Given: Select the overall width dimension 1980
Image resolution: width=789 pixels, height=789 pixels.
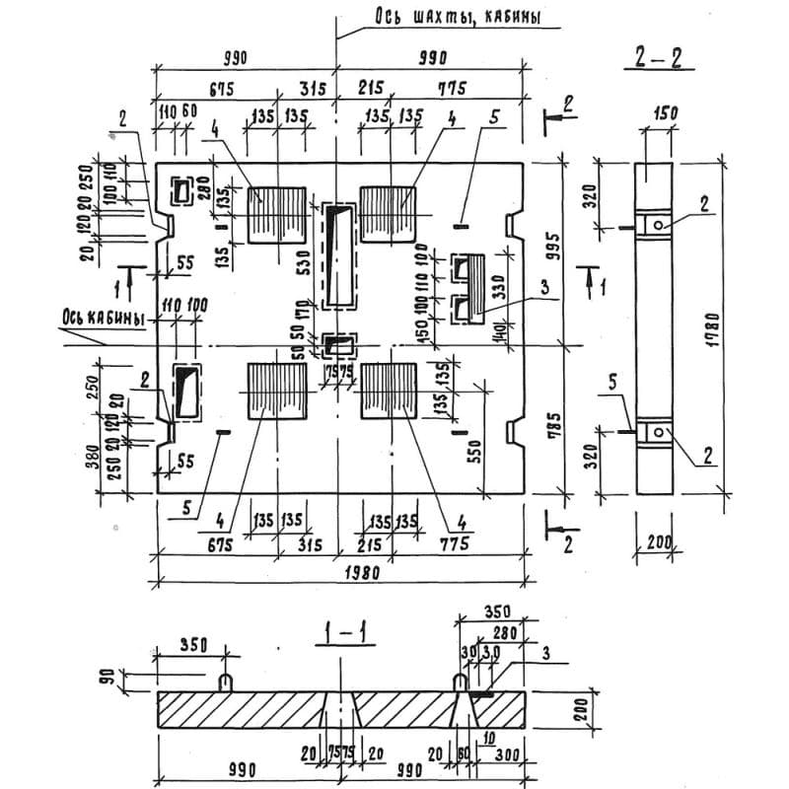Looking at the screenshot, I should point(351,572).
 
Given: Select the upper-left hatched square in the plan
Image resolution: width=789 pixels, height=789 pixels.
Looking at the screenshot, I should point(276,213).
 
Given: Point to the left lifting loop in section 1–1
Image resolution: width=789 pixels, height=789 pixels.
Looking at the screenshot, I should point(226,681).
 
